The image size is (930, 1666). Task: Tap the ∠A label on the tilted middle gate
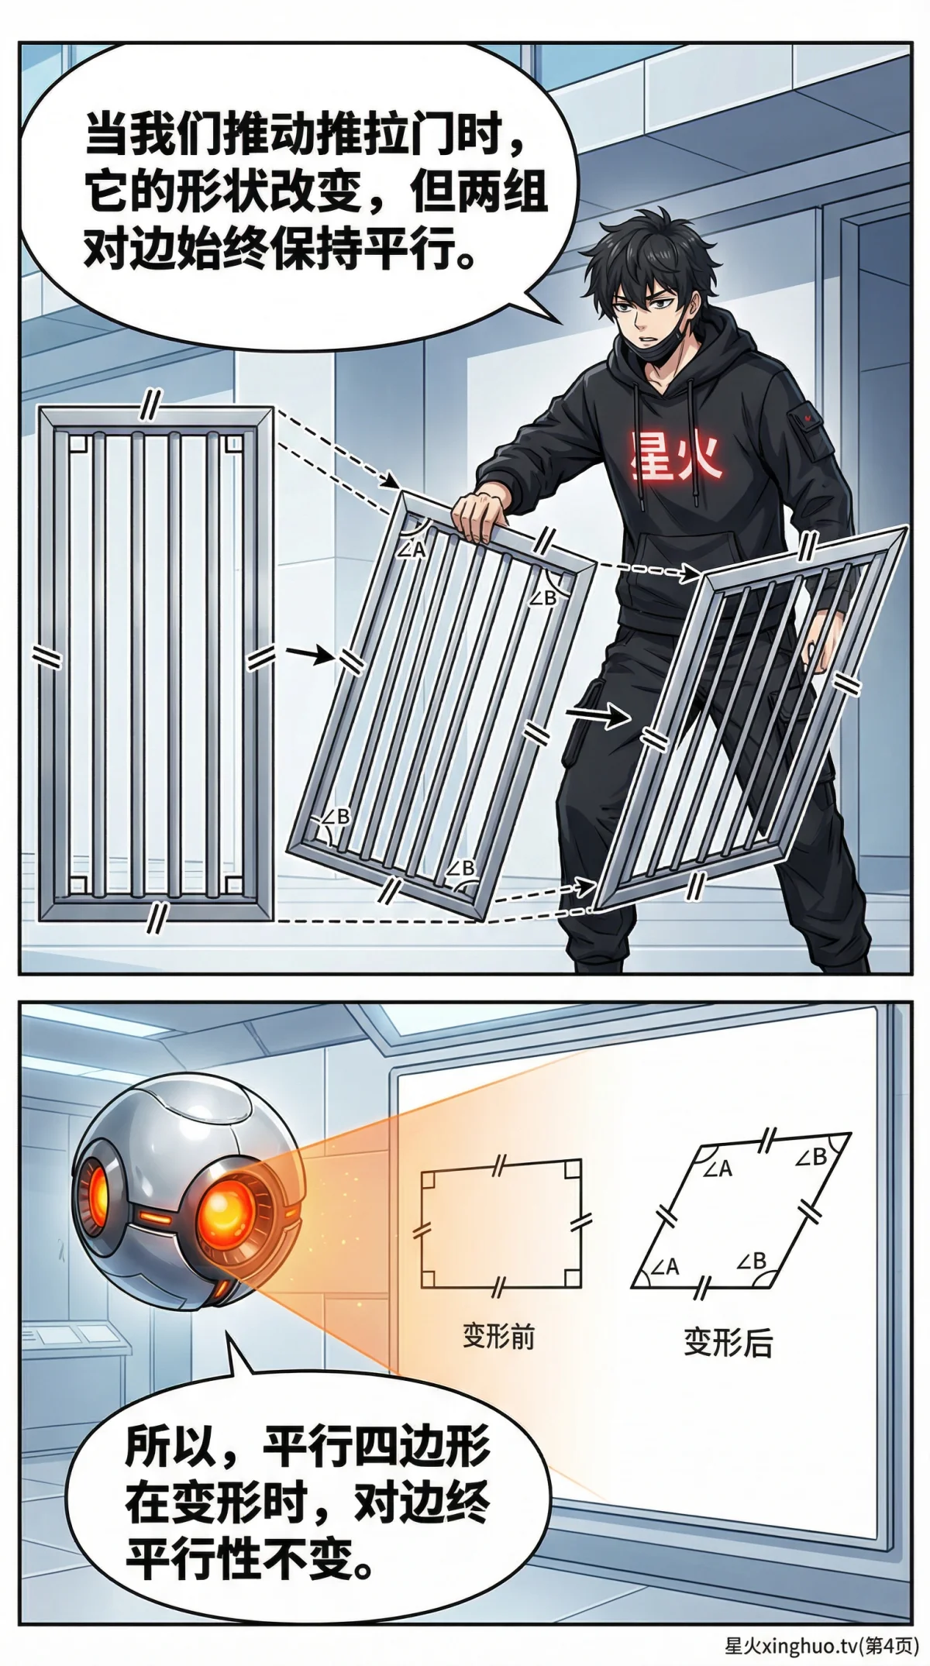[x=412, y=549]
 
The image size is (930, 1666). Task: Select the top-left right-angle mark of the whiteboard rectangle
[x=429, y=1179]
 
